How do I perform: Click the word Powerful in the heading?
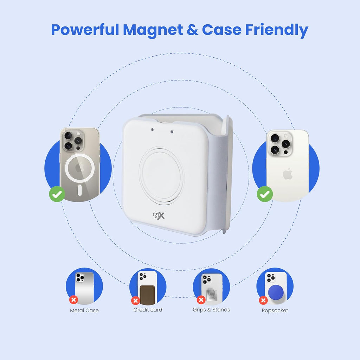pyautogui.click(x=85, y=30)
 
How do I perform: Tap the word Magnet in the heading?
pyautogui.click(x=153, y=31)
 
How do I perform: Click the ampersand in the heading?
pyautogui.click(x=192, y=30)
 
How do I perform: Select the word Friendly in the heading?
pyautogui.click(x=277, y=31)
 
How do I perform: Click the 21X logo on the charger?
pyautogui.click(x=159, y=216)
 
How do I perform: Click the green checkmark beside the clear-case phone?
pyautogui.click(x=57, y=194)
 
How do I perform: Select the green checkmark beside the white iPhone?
pyautogui.click(x=265, y=194)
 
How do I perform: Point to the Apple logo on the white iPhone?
pyautogui.click(x=288, y=174)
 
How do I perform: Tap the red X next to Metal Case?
pyautogui.click(x=74, y=300)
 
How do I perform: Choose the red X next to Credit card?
pyautogui.click(x=135, y=301)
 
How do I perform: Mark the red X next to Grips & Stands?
pyautogui.click(x=201, y=300)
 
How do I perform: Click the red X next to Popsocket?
pyautogui.click(x=263, y=300)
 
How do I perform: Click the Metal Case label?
pyautogui.click(x=84, y=310)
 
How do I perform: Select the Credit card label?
pyautogui.click(x=148, y=310)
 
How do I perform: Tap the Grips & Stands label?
pyautogui.click(x=211, y=309)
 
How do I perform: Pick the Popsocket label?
pyautogui.click(x=275, y=310)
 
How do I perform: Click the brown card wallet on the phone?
pyautogui.click(x=148, y=295)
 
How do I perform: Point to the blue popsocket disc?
pyautogui.click(x=276, y=292)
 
